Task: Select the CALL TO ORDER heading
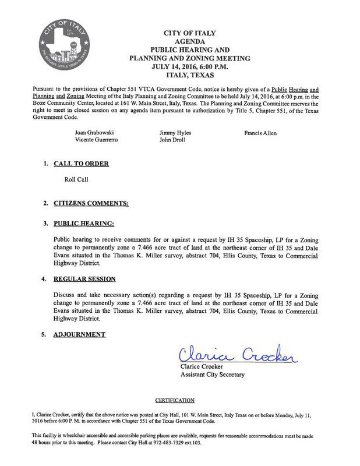[x=81, y=164]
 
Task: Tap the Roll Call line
[x=76, y=180]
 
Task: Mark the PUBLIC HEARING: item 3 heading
[x=84, y=223]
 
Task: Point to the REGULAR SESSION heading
[x=84, y=279]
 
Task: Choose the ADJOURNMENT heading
[x=79, y=335]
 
